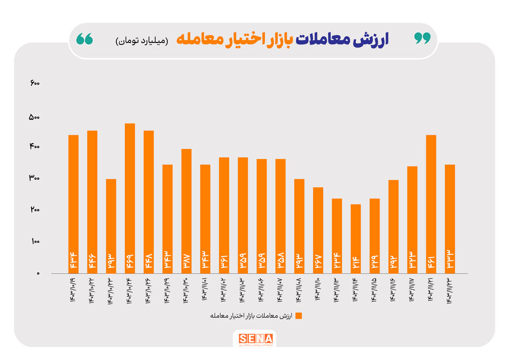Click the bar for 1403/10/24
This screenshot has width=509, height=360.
(130, 198)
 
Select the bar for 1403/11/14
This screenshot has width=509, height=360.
(356, 238)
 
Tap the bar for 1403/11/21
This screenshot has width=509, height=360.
(431, 204)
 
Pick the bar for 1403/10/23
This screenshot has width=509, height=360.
(111, 226)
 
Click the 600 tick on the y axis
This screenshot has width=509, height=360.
(34, 83)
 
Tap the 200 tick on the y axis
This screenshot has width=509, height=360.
(34, 210)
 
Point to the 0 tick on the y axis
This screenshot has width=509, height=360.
(38, 273)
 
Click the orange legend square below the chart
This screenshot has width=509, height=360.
(299, 315)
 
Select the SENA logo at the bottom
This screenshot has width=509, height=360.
(256, 339)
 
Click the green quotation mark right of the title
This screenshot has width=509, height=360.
(422, 38)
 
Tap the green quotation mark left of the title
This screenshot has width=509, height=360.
(85, 39)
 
